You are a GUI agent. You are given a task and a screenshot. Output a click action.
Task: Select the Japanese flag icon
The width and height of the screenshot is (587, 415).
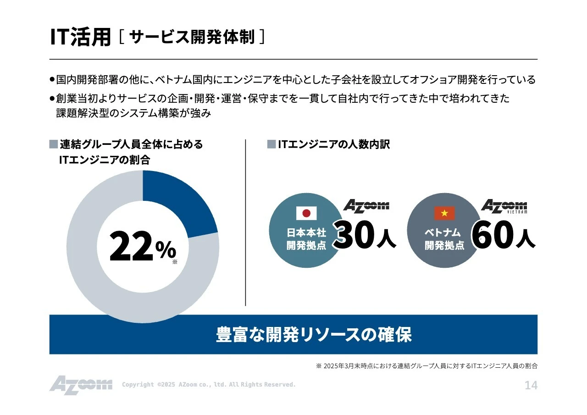coord(306,213)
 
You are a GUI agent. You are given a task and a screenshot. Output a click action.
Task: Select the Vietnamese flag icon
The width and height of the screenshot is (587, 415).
coord(444,213)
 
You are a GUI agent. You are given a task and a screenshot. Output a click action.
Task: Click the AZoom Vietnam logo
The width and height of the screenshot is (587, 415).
coord(504,207)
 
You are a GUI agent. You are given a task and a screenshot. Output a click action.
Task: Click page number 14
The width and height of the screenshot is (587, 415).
coord(531,386)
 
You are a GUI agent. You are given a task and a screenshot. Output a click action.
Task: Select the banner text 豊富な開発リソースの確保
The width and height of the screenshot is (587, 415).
coord(314,335)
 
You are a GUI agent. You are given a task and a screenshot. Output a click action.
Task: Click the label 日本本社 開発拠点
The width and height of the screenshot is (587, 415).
coord(306,239)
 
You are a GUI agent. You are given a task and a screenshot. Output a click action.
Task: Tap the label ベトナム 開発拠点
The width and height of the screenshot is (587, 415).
coord(444,239)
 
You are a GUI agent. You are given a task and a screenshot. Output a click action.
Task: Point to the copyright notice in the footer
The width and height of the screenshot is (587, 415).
coord(209,385)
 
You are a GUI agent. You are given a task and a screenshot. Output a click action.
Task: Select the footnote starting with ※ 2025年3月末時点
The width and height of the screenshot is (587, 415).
coord(426,366)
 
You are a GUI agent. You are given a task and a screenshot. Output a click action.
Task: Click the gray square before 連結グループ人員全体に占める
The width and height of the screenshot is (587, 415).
coord(54,145)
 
